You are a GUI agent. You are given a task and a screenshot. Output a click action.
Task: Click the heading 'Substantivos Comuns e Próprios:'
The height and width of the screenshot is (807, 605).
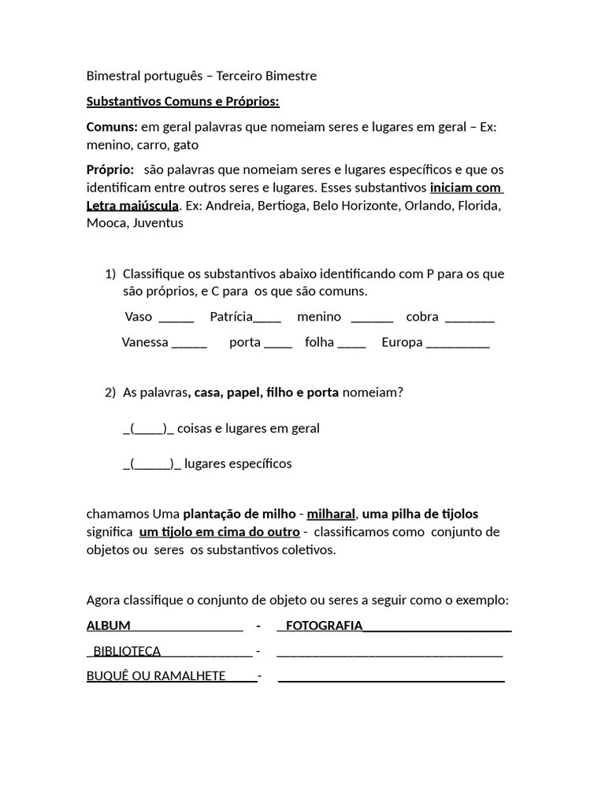click(183, 102)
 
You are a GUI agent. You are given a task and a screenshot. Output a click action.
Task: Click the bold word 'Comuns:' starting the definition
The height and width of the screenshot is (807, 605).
click(112, 127)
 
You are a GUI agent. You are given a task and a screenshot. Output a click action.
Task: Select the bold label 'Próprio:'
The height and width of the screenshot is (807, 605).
click(110, 170)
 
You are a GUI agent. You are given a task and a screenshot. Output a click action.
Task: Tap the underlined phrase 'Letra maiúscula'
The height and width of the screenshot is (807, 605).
click(132, 206)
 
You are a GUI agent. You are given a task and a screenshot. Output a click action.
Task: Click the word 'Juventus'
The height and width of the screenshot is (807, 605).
click(158, 223)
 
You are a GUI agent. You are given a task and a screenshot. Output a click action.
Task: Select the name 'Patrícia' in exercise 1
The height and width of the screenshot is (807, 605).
click(231, 317)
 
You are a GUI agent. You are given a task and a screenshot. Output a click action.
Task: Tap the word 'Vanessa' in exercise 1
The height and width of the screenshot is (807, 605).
click(145, 343)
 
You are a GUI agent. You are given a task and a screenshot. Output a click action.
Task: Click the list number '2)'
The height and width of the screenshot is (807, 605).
click(110, 392)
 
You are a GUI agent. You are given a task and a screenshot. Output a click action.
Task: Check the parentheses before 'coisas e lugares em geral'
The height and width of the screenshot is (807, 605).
click(148, 429)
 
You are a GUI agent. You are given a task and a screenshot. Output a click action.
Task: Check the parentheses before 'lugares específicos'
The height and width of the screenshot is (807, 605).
click(152, 463)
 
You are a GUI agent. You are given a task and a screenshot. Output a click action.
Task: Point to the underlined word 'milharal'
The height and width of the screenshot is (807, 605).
click(331, 514)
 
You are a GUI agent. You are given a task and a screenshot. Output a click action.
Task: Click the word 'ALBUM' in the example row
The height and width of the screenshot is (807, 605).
click(109, 626)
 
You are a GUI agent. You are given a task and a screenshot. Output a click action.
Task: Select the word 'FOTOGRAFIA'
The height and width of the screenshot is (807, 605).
click(324, 626)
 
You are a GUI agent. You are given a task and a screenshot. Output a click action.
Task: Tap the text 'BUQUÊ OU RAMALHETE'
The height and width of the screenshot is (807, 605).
click(156, 676)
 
